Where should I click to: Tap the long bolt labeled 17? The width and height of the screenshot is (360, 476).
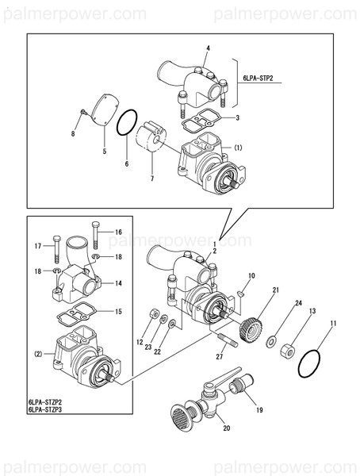(57, 248)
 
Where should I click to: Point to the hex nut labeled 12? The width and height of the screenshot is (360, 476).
(152, 314)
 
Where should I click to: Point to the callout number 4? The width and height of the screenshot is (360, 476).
(208, 48)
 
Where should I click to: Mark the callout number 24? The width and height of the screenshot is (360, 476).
(299, 303)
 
